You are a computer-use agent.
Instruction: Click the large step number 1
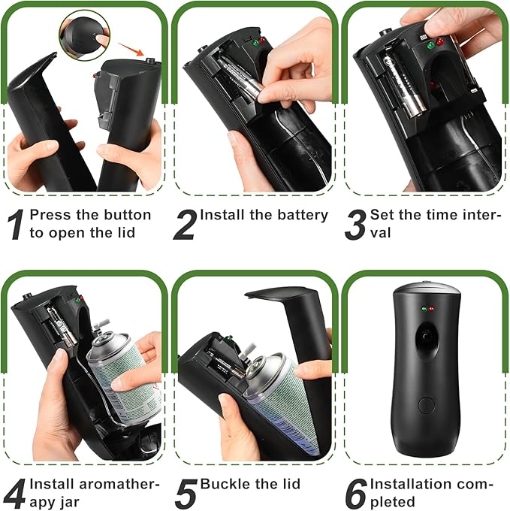click(14, 224)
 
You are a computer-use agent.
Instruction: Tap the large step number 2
click(185, 224)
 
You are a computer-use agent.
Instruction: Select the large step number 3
click(355, 224)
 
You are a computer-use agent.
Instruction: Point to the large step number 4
click(14, 492)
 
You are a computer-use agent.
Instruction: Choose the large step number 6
click(355, 492)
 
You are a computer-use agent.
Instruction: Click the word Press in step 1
click(51, 215)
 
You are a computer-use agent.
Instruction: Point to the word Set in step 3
click(383, 215)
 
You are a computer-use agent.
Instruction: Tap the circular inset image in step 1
click(83, 35)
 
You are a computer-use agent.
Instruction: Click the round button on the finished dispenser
click(426, 405)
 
